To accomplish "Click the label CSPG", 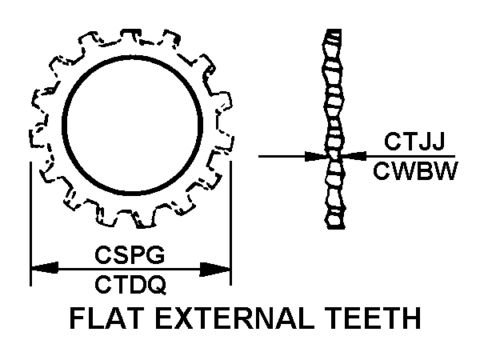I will click(x=130, y=255).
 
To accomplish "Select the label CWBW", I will click(x=414, y=170).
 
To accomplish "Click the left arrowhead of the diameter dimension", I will click(x=42, y=269).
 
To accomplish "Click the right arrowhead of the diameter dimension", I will click(x=219, y=269).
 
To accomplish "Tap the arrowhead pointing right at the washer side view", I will click(x=316, y=156).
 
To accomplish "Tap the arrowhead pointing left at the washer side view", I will click(x=355, y=156).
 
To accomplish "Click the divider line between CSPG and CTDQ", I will click(x=130, y=269).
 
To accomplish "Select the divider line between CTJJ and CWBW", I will click(x=412, y=156).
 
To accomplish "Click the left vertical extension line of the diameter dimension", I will click(x=30, y=224).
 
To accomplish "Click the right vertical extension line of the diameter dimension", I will click(x=230, y=224).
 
